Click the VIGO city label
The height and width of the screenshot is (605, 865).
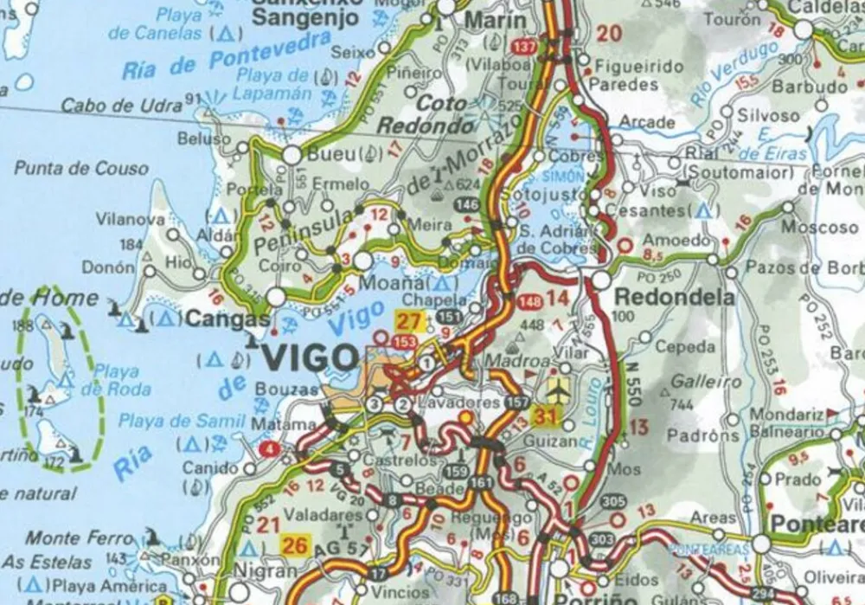tap(309, 357)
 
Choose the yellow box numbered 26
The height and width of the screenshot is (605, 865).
tap(295, 545)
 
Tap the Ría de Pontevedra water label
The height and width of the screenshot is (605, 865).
tap(227, 56)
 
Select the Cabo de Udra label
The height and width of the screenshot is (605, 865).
tap(120, 106)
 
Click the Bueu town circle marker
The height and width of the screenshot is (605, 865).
tap(292, 155)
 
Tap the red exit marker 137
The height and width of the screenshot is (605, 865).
tap(523, 45)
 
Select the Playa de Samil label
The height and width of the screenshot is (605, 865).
tap(182, 421)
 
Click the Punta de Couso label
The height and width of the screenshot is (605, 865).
tap(81, 168)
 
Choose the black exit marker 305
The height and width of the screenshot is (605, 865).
tap(612, 501)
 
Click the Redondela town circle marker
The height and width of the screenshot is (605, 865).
tap(601, 280)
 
